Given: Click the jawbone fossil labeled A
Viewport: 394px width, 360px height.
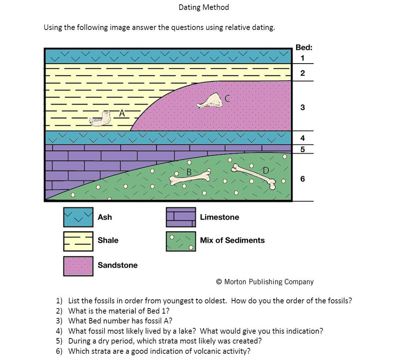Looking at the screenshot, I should pos(101,119).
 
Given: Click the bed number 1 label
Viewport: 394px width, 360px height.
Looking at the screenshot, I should pos(302,58).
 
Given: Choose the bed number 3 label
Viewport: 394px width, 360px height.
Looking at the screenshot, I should pos(302,107).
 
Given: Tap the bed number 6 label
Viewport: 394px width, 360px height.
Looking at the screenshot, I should pos(302,179).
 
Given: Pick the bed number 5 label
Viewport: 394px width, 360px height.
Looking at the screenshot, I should pos(302,149).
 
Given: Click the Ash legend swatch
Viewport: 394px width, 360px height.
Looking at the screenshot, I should pos(78,217).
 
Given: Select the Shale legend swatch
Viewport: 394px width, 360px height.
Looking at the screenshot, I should pos(78,241).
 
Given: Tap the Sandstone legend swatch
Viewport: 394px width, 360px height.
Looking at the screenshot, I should pos(78,266).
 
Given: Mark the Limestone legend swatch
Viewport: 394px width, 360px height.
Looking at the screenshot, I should pos(181,217).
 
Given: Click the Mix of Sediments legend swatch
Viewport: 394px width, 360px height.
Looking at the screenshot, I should pos(181,241).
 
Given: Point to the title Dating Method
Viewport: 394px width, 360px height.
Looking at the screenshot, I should pos(204,7).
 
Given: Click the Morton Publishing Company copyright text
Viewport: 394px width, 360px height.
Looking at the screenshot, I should pos(265,282).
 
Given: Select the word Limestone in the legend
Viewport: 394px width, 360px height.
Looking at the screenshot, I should pos(219,217).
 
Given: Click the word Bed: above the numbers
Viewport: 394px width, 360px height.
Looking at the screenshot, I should pos(304,48).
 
